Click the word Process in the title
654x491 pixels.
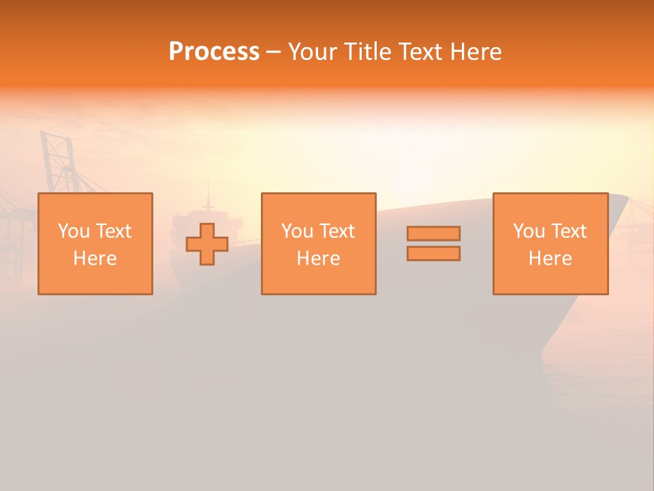point(214,52)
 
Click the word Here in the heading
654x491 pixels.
point(478,52)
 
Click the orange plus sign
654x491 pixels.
point(207,244)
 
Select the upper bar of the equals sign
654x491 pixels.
point(433,233)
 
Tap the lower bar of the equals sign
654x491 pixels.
point(433,254)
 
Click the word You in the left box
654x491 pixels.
point(74,231)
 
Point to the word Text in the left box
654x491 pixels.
point(112,231)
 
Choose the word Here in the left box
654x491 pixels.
point(95,258)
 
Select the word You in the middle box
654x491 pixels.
point(297,231)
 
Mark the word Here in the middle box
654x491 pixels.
point(318,258)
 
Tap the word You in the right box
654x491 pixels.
point(529,231)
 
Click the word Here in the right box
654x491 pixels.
point(550,258)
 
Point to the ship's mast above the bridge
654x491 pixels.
point(208,198)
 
